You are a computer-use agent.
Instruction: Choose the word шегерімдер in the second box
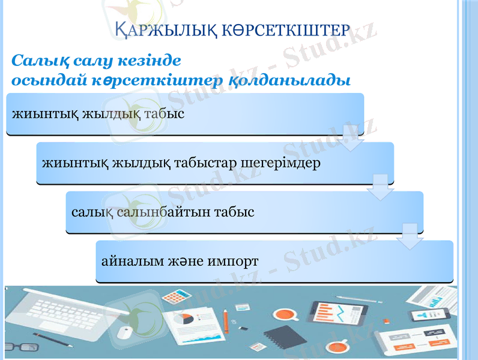pos(280,163)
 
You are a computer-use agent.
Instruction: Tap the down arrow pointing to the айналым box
pos(410,236)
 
